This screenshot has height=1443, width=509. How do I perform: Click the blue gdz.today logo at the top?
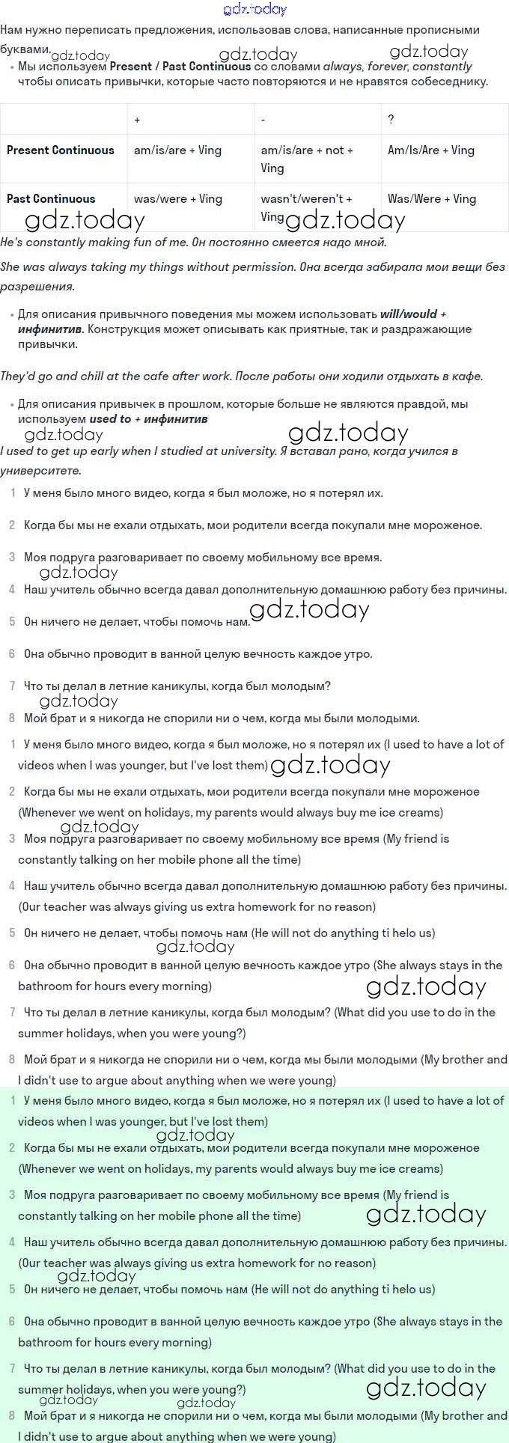(x=254, y=9)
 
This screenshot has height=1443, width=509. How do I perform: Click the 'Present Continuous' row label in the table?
(x=61, y=150)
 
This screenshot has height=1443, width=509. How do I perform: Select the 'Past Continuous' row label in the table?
(x=51, y=198)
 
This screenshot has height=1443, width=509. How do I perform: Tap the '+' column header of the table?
(x=137, y=120)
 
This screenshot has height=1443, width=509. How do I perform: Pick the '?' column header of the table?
(x=391, y=120)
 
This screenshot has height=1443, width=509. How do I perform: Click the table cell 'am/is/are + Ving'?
(x=177, y=150)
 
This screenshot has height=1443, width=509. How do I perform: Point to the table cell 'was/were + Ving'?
(x=177, y=198)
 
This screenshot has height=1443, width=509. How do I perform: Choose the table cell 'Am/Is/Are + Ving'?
(x=431, y=150)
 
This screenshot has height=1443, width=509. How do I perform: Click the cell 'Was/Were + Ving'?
(x=432, y=198)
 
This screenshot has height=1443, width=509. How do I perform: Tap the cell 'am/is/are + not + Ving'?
(x=307, y=158)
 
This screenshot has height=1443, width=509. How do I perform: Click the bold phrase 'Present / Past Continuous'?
(x=180, y=66)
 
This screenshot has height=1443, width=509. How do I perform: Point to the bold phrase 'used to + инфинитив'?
(x=148, y=418)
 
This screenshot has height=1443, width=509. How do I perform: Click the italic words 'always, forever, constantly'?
(x=397, y=66)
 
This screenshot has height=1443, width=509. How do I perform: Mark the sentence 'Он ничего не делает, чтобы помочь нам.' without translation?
(x=137, y=621)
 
